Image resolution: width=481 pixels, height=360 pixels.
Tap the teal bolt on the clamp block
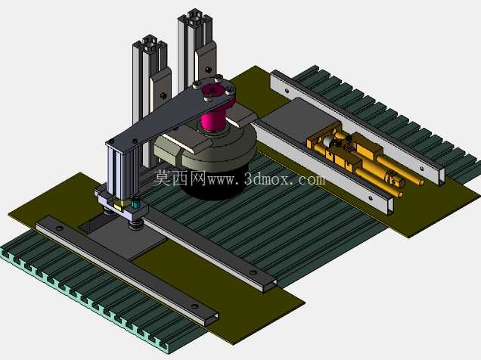(x=135, y=203)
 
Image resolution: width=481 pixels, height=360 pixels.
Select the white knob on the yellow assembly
(x=327, y=141)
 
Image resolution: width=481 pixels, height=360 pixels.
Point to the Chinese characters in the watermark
(x=180, y=178)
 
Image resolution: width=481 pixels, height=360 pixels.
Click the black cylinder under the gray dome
(x=215, y=184)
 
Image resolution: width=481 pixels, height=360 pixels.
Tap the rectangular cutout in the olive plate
(x=97, y=222)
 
